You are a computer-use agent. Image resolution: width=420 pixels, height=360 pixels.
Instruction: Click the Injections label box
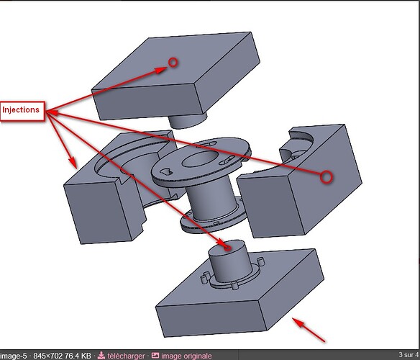(22, 111)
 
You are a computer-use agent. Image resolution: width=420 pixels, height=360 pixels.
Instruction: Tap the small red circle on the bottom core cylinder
(227, 248)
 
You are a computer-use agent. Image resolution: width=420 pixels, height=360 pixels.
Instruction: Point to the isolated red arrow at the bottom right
(309, 330)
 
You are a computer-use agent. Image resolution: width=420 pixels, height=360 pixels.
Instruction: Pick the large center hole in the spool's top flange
(199, 159)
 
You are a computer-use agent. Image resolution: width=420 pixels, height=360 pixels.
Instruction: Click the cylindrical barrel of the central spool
(211, 200)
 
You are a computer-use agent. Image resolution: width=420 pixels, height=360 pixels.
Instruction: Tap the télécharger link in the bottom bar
(126, 356)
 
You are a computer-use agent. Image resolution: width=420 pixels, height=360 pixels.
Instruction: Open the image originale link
(186, 356)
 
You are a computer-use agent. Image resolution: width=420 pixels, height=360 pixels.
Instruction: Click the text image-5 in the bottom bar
(14, 356)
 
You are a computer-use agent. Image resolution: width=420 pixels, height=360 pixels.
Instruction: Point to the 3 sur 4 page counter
(409, 355)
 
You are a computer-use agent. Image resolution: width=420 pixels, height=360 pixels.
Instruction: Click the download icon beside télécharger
(101, 356)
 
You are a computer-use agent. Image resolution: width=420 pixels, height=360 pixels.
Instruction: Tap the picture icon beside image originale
(155, 356)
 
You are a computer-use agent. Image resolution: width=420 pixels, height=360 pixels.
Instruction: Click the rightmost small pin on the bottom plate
(260, 261)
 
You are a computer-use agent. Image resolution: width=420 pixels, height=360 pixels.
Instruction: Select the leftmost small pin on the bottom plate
(205, 278)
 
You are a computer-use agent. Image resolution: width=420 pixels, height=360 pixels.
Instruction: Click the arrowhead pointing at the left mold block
(73, 163)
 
